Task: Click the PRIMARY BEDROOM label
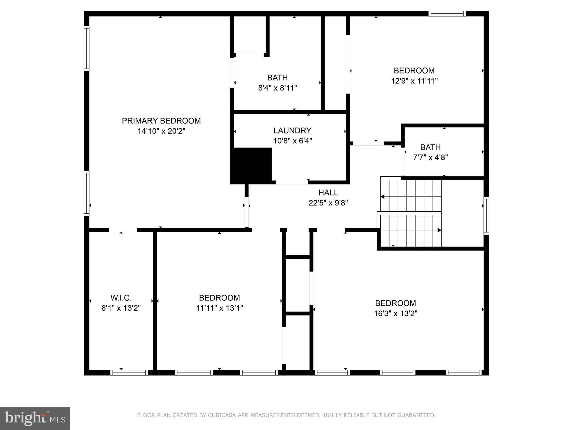pyautogui.click(x=161, y=121)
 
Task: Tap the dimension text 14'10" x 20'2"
pyautogui.click(x=161, y=131)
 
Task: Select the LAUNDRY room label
pyautogui.click(x=292, y=130)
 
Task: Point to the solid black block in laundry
pyautogui.click(x=252, y=165)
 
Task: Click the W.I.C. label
pyautogui.click(x=121, y=298)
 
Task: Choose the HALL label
pyautogui.click(x=328, y=193)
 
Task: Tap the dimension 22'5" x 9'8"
pyautogui.click(x=328, y=203)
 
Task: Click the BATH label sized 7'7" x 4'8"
pyautogui.click(x=430, y=147)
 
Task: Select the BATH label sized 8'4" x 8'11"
pyautogui.click(x=277, y=78)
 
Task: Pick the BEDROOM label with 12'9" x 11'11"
pyautogui.click(x=414, y=71)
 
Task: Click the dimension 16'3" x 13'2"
pyautogui.click(x=396, y=314)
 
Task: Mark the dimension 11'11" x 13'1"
pyautogui.click(x=220, y=308)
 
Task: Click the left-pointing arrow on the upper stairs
pyautogui.click(x=382, y=197)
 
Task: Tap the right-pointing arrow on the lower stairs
pyautogui.click(x=439, y=230)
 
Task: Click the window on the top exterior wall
pyautogui.click(x=447, y=13)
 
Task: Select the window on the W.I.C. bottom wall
pyautogui.click(x=129, y=373)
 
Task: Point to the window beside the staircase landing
pyautogui.click(x=487, y=216)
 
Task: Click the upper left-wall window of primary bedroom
pyautogui.click(x=86, y=48)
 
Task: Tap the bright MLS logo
pyautogui.click(x=35, y=418)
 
